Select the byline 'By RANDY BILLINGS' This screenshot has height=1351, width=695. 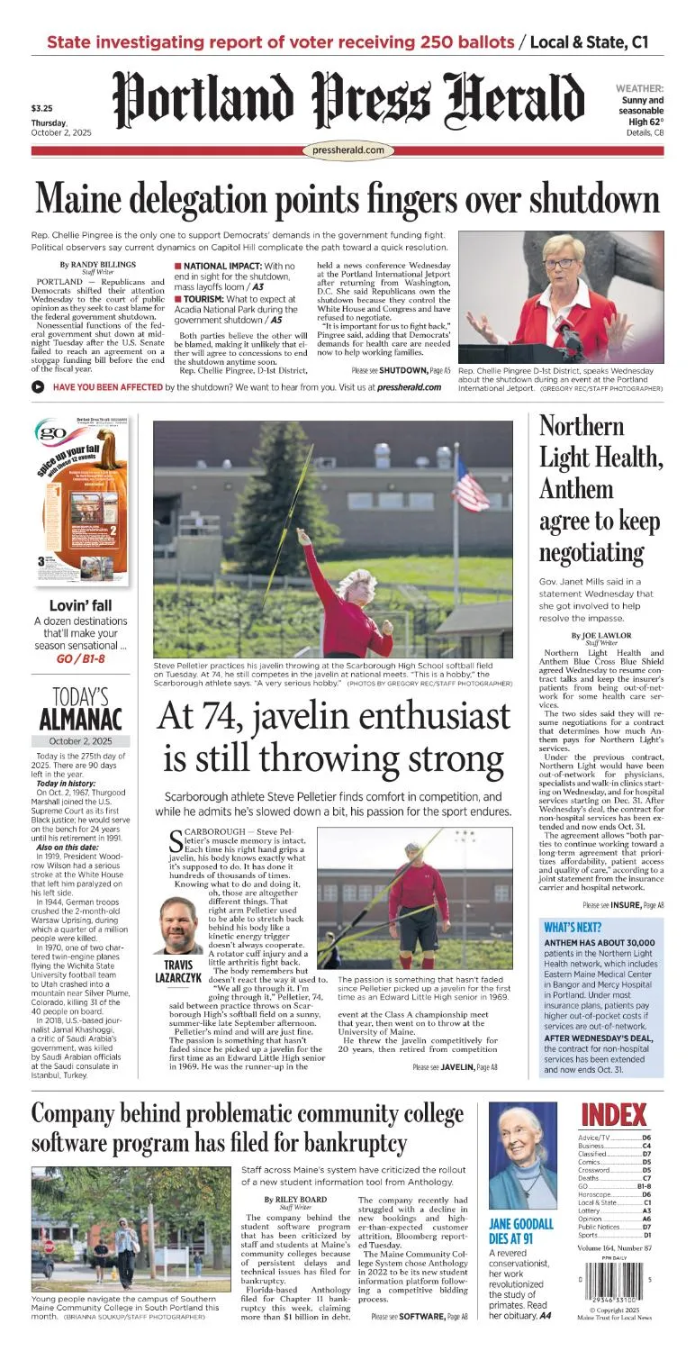(90, 264)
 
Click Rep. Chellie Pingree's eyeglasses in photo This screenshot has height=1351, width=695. (560, 263)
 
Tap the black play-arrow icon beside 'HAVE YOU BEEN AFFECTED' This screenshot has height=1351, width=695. (38, 386)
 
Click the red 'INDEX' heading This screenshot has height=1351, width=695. (614, 1115)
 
